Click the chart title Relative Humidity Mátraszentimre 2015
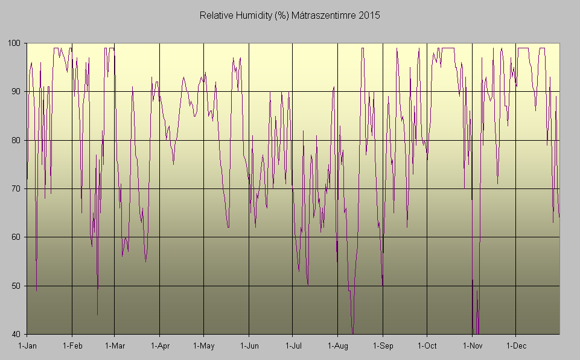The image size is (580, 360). click(290, 15)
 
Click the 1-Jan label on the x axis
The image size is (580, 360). click(28, 346)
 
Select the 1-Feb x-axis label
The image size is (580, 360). click(72, 346)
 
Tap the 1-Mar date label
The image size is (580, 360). click(115, 346)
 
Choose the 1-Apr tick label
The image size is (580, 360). click(159, 346)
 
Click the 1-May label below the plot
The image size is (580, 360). click(204, 346)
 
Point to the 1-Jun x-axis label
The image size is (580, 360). click(249, 346)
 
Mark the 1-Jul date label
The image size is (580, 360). click(293, 346)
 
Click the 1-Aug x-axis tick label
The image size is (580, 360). click(338, 346)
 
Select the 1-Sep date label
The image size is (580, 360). click(383, 346)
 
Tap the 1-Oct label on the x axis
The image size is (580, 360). click(427, 346)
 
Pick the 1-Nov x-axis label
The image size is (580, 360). click(472, 346)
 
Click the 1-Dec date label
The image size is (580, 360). click(516, 346)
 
